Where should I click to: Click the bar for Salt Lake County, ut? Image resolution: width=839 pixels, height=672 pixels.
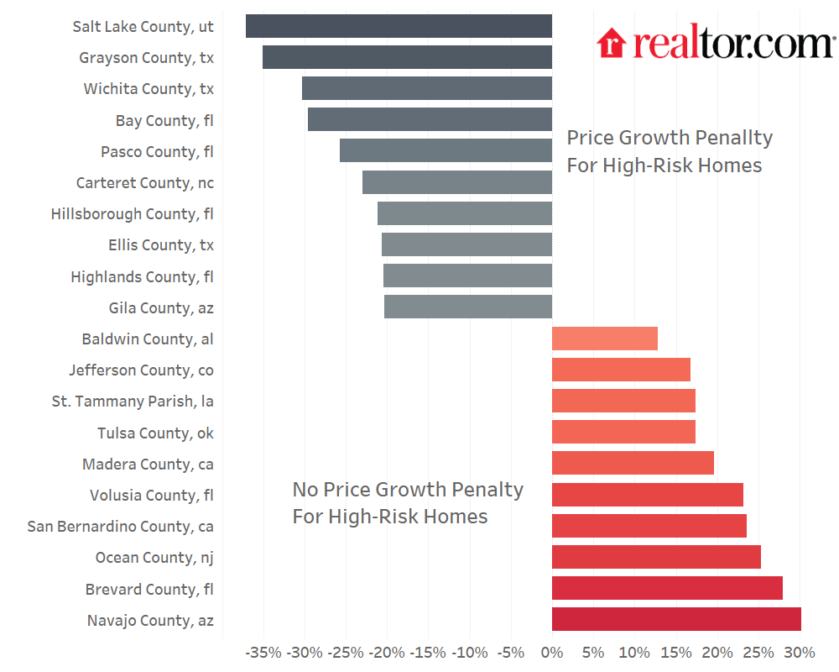click(x=399, y=26)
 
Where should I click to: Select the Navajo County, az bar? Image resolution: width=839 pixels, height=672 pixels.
click(x=676, y=620)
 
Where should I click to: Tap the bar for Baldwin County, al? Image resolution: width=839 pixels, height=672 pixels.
click(x=604, y=339)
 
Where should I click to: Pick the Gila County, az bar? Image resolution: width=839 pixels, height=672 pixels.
click(x=468, y=307)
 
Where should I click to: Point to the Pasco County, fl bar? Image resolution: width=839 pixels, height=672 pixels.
click(x=446, y=151)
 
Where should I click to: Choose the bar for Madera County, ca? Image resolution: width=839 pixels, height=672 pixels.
click(x=633, y=464)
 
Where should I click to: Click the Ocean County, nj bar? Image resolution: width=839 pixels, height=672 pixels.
click(x=656, y=557)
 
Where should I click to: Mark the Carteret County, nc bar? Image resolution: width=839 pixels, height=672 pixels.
click(x=457, y=182)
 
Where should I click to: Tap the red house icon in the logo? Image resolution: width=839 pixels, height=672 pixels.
click(x=612, y=44)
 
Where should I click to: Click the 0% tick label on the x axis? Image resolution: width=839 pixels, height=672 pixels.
click(x=551, y=653)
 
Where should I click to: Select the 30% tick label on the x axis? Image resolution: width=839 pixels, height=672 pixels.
click(x=799, y=653)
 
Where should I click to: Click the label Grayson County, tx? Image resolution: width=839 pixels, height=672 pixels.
click(x=146, y=58)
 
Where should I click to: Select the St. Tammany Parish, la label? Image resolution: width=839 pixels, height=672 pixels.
click(x=133, y=402)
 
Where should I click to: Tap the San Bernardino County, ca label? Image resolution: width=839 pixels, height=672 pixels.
click(x=120, y=527)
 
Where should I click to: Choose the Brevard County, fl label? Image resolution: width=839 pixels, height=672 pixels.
click(x=149, y=589)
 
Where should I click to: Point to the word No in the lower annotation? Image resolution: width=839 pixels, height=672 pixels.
click(x=305, y=490)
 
